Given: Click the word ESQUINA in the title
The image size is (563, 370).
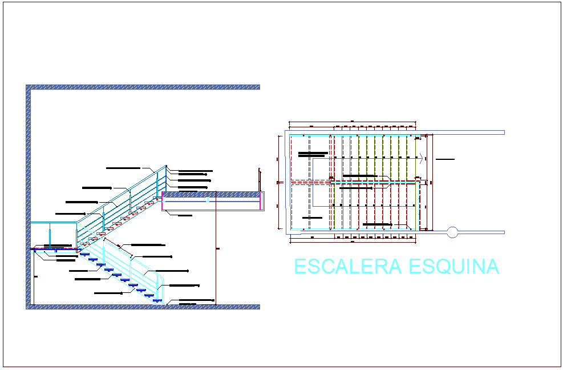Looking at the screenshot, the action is point(454,267).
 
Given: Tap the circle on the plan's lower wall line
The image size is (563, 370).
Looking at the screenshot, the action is point(452,232).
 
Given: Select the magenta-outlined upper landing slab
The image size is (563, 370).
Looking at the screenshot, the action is point(212,201).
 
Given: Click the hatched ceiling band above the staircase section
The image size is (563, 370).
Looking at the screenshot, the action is point(143,87).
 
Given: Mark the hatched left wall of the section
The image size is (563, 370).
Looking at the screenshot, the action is point(28,194).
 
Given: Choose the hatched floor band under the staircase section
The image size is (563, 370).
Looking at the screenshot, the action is point(143,307).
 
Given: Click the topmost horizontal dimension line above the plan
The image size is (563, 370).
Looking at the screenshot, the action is point(351,122).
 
